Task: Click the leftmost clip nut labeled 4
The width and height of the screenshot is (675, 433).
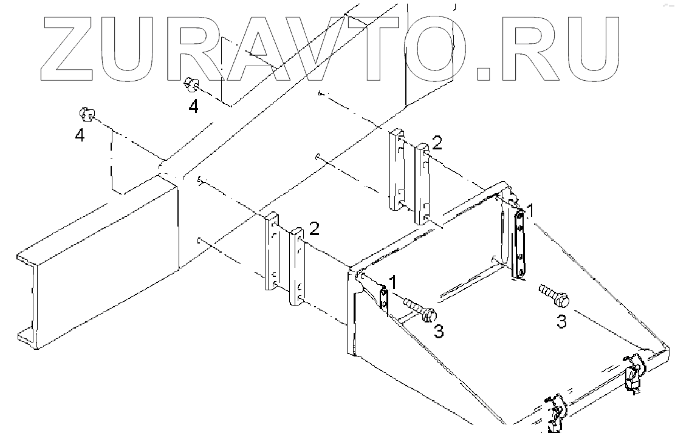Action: pos(86,114)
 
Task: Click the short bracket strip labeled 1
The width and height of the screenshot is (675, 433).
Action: pos(384,300)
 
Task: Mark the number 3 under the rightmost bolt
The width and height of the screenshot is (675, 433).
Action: pos(562,321)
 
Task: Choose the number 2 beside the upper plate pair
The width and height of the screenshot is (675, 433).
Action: pos(437,143)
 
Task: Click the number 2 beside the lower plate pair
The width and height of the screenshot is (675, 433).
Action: pos(314,228)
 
